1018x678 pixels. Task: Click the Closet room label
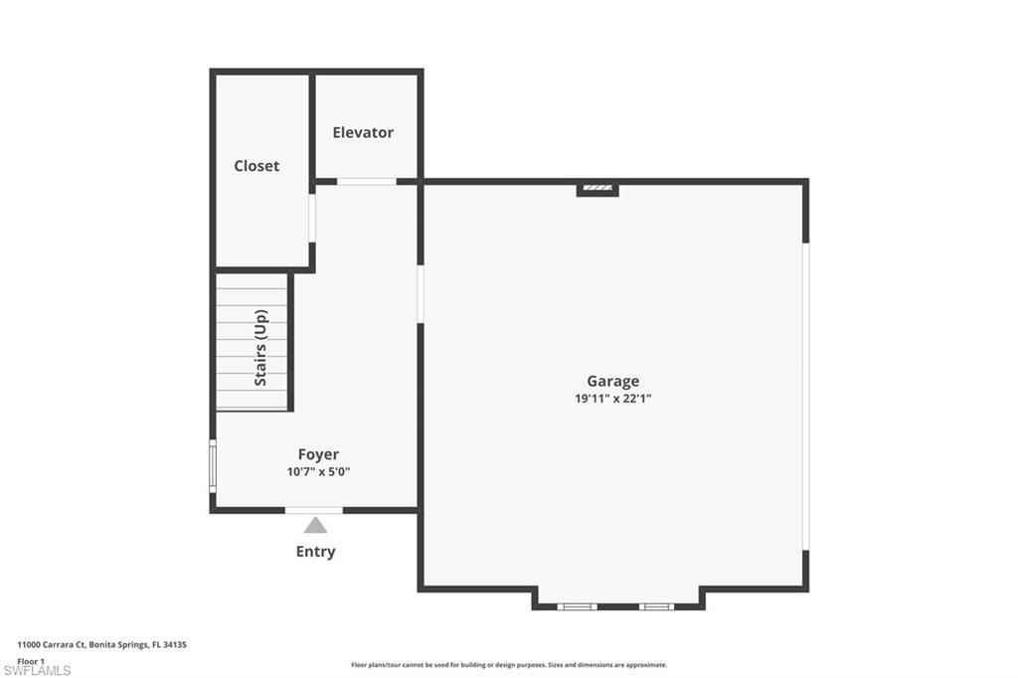256,166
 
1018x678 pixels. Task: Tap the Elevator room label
363,132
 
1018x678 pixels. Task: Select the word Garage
612,381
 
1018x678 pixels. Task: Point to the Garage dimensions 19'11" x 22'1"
612,398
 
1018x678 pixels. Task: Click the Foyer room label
318,454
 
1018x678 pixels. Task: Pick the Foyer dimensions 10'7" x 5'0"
318,471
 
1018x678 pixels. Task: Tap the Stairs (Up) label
261,348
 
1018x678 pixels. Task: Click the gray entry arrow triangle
315,525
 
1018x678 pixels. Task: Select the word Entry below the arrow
315,552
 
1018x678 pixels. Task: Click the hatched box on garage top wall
597,187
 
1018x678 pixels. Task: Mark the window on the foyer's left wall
212,465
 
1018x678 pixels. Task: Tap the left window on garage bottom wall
577,605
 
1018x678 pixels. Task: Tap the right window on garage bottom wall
655,605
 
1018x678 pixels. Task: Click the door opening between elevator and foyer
366,182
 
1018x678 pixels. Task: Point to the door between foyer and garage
421,293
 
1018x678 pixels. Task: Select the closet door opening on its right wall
312,219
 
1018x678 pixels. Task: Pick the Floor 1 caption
32,660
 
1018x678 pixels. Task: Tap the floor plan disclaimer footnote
508,665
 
